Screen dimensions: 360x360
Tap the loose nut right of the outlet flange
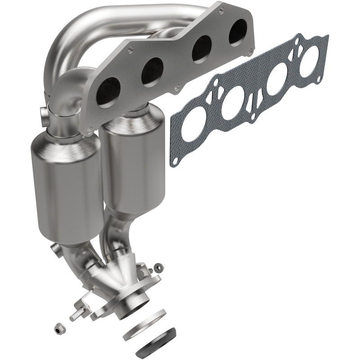(158, 268)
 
